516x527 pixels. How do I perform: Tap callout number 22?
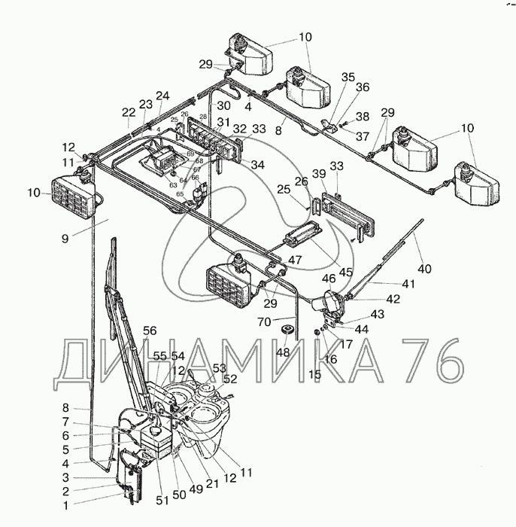[129, 111]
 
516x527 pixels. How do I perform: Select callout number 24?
[162, 96]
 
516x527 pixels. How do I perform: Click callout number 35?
[348, 78]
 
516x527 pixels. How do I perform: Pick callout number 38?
[363, 117]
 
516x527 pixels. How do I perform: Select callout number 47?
[295, 259]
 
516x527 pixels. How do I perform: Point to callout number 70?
[263, 321]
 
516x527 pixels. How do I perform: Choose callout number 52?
[230, 379]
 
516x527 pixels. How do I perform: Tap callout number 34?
[258, 164]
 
